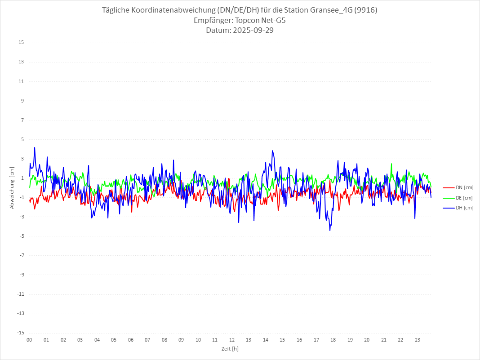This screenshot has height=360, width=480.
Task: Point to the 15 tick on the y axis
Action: click(x=21, y=43)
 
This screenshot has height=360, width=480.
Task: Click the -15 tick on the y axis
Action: click(x=21, y=333)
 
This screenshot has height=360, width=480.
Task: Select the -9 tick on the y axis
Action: click(x=21, y=275)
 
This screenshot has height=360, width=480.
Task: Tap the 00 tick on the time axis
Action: click(x=29, y=340)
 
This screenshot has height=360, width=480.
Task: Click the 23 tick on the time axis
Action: click(x=418, y=340)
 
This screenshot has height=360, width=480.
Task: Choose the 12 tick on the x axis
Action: click(x=232, y=340)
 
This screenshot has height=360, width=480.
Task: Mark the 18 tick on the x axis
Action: click(x=333, y=340)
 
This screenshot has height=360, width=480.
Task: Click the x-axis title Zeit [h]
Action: click(x=230, y=348)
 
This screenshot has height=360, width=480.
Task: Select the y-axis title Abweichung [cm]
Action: click(x=12, y=188)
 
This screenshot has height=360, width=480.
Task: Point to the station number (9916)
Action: click(x=365, y=10)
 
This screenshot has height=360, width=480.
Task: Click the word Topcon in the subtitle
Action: click(x=249, y=20)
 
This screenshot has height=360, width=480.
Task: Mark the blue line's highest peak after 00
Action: click(x=34, y=147)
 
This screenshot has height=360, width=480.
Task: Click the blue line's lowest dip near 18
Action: click(x=330, y=231)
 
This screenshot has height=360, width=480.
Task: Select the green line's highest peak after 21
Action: click(x=391, y=164)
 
